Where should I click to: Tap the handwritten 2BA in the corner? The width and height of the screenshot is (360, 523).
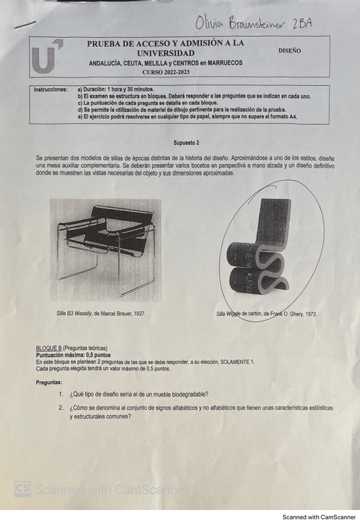302,23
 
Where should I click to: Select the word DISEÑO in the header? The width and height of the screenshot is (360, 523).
289,51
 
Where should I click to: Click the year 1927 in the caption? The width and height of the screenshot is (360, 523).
139,314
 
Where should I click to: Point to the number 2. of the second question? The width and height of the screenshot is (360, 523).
61,408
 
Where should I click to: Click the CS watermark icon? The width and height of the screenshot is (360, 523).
22,489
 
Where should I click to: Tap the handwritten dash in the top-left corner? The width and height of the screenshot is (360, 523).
25,24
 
